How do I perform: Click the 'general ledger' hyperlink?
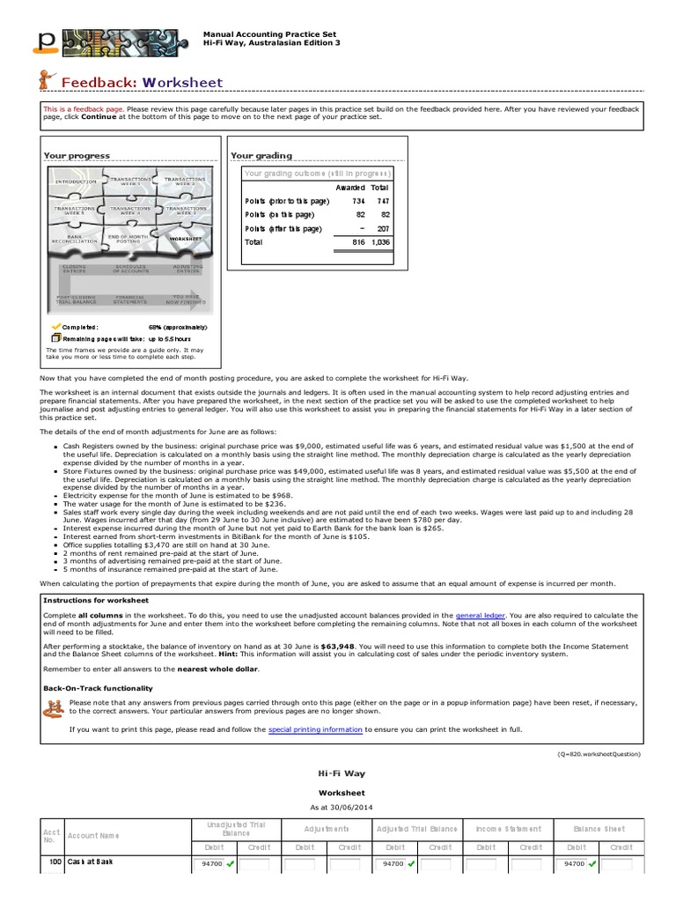481,615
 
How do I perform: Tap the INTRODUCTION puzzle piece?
76,181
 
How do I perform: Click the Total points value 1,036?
379,241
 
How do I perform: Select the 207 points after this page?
382,228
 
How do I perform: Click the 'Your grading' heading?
261,156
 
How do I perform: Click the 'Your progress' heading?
77,156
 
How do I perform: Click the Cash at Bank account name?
91,861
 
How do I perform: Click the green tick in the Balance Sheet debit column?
593,864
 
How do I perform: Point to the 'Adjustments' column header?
327,829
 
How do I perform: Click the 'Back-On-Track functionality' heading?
98,687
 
